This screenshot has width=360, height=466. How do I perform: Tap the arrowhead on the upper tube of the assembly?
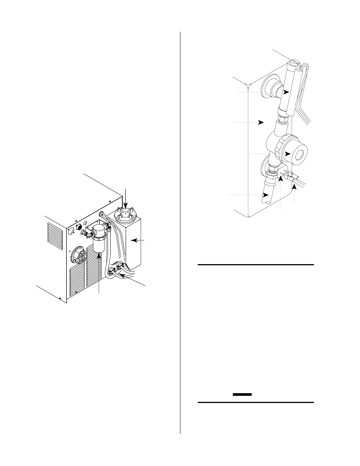tap(287, 92)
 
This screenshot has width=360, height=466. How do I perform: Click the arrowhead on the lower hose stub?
tap(266, 195)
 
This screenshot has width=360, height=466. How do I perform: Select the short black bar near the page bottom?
tap(242, 394)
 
